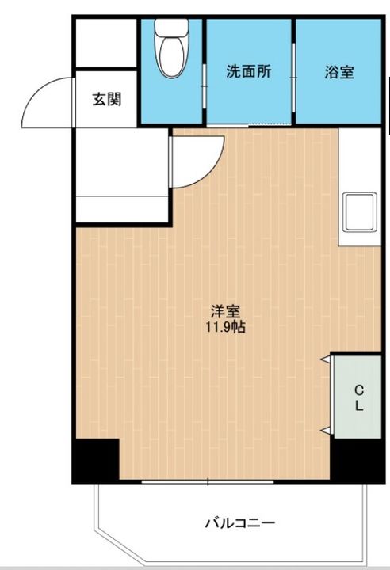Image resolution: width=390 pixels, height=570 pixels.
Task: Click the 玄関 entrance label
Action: click(106, 100)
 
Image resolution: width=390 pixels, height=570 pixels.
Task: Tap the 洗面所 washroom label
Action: click(249, 71)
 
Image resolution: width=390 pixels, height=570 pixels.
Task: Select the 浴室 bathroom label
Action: click(338, 72)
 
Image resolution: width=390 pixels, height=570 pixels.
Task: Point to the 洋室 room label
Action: click(225, 310)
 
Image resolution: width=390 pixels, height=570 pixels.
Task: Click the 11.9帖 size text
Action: click(225, 326)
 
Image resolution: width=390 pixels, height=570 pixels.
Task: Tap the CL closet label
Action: click(358, 397)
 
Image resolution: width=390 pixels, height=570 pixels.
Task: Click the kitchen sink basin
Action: click(361, 212)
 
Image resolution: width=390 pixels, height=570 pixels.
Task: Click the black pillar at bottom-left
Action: click(95, 460)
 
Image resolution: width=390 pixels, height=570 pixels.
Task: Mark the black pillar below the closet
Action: click(356, 460)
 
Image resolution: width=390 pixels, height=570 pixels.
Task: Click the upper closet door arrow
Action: click(325, 361)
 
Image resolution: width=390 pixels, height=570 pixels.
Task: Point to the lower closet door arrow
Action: click(325, 430)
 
